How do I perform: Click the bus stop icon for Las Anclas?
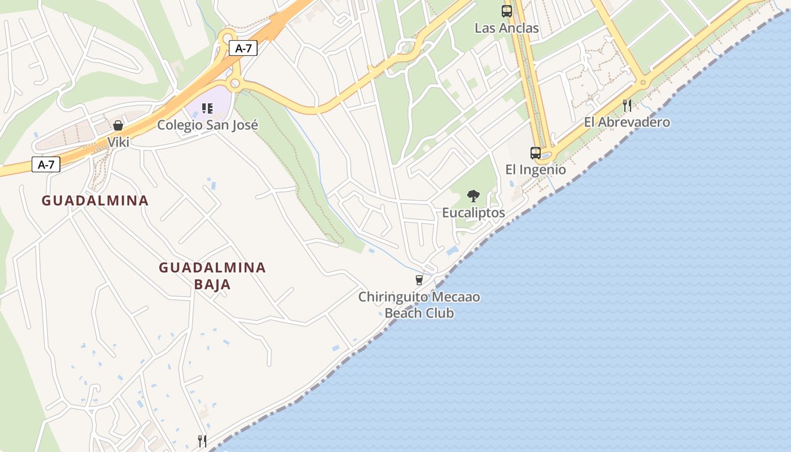pos(507,11)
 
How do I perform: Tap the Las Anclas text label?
pos(507,28)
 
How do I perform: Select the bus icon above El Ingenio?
pos(535,153)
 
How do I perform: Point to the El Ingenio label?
pos(535,169)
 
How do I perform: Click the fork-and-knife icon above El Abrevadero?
pos(627,105)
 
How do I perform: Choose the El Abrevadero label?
pos(627,122)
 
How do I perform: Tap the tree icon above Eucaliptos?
pos(473,196)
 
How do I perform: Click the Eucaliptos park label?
pos(473,213)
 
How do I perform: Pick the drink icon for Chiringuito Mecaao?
pos(419,280)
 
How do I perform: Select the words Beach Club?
pos(419,313)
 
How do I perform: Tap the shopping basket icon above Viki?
pos(118,125)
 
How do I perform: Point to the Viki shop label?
pos(119,142)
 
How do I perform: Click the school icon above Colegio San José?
pos(207,108)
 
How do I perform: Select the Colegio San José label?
pos(207,125)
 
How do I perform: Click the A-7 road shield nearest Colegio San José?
pos(244,49)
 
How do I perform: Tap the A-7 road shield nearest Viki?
pos(46,165)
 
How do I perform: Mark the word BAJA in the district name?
pos(212,284)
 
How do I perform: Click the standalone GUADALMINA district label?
pos(95,201)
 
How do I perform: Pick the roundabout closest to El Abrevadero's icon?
pos(642,83)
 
